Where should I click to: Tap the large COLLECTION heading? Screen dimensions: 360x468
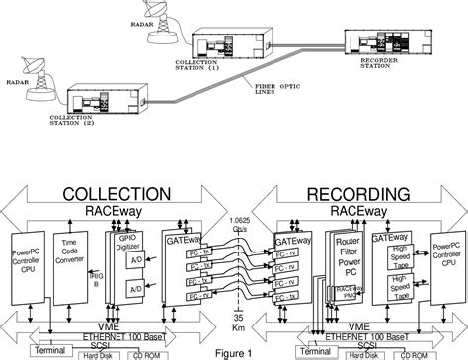click(x=124, y=195)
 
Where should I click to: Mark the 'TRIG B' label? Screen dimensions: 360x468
click(x=113, y=257)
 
